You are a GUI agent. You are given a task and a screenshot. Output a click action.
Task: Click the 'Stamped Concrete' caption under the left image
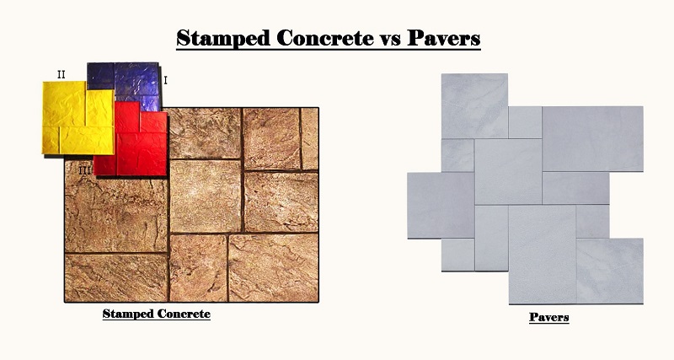click(156, 314)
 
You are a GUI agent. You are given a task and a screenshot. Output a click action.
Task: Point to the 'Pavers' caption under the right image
click(548, 317)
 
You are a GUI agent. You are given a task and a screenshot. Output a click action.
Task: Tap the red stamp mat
click(135, 139)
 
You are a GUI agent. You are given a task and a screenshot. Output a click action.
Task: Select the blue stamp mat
click(126, 80)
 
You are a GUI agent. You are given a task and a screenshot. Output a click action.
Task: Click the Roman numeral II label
click(61, 74)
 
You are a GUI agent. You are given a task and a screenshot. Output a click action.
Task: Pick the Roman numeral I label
click(165, 80)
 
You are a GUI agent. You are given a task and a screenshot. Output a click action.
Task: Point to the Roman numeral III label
click(84, 169)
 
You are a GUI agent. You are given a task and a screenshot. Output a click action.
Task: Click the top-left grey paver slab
click(474, 105)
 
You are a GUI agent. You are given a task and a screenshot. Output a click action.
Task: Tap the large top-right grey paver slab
click(592, 137)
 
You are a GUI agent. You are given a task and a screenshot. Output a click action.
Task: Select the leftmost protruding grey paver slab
click(440, 205)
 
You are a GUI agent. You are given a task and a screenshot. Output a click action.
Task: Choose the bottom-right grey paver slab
click(609, 270)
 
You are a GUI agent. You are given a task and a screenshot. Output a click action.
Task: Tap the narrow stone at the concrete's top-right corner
click(309, 138)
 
